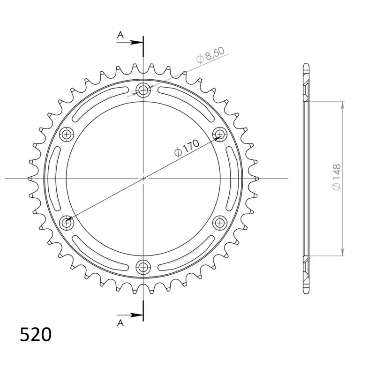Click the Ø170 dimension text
point(187,148)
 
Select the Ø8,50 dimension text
point(210,55)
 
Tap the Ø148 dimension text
point(336,177)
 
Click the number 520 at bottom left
point(36,334)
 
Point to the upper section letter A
point(120,35)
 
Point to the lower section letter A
point(120,323)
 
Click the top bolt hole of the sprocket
point(143,90)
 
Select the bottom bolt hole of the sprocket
point(143,267)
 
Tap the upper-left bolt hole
point(67,135)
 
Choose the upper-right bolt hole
point(219,135)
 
